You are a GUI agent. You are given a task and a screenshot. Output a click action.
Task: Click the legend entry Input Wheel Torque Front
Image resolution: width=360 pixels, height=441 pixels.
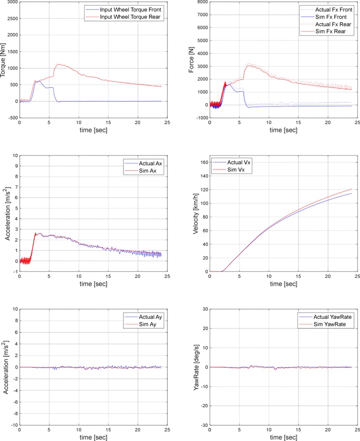point(130,9)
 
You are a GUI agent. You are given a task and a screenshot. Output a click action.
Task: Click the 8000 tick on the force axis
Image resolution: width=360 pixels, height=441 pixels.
point(201,2)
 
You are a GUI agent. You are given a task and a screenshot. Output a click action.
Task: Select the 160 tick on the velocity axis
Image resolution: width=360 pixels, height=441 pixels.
point(202,162)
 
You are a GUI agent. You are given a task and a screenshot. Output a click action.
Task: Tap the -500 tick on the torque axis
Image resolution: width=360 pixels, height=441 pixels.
point(11,118)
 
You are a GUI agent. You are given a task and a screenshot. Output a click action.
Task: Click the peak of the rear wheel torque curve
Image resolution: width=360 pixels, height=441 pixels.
point(58,64)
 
